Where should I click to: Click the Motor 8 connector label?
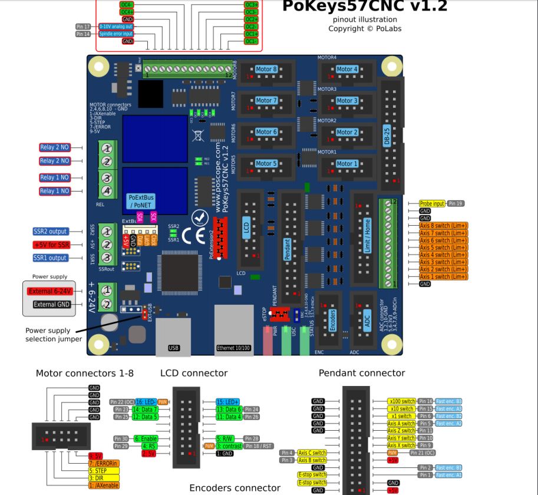[266, 69]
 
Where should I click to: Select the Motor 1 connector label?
[347, 164]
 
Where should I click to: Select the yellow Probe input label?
[432, 203]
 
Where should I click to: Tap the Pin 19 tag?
[456, 203]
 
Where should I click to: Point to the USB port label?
[174, 348]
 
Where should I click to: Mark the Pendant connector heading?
[362, 373]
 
